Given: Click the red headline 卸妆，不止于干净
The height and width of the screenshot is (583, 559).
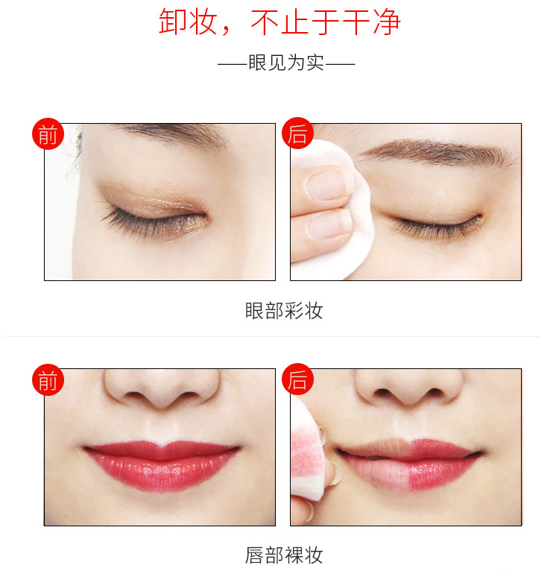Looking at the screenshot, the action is coord(279,22).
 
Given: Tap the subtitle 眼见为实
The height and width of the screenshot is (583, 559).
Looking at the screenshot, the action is coord(286,63).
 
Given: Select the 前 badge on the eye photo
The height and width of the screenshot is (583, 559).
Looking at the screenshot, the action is coord(48,134).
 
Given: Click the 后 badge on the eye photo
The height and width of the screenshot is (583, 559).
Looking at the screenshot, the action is coord(297,133).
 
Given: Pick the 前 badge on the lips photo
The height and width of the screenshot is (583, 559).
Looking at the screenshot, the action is coord(48,379).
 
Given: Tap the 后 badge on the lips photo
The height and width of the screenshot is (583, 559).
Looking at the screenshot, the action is coord(297,379).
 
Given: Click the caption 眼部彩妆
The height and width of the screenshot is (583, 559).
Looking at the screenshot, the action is coord(283,310).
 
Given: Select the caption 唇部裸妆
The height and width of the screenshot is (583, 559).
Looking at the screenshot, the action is coord(283,555).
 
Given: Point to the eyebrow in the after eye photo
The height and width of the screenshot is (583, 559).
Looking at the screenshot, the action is coord(435,151).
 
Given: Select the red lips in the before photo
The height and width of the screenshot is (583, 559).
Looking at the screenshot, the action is coord(161,464).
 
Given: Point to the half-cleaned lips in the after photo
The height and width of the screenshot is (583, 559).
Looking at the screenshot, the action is coord(409,464).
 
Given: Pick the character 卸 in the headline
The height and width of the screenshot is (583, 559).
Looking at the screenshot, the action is coord(172,22).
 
